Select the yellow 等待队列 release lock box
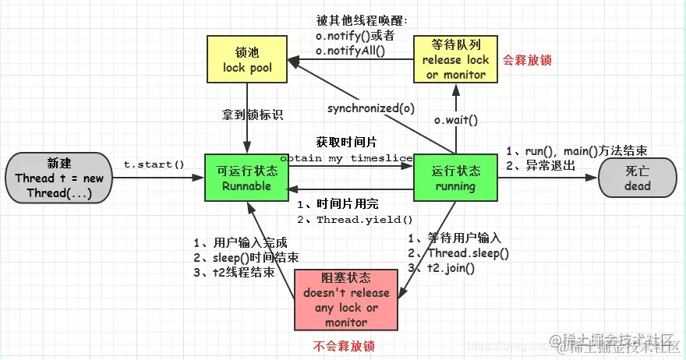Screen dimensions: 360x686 455,59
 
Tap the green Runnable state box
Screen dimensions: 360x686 246,178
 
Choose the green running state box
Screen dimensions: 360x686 455,178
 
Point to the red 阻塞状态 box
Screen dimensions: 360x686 346,300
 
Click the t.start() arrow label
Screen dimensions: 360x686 154,164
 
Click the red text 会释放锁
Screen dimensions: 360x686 526,59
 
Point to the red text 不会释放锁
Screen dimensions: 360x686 345,345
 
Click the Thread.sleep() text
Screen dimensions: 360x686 468,253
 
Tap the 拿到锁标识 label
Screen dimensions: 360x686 252,115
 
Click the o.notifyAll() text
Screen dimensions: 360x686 355,51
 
